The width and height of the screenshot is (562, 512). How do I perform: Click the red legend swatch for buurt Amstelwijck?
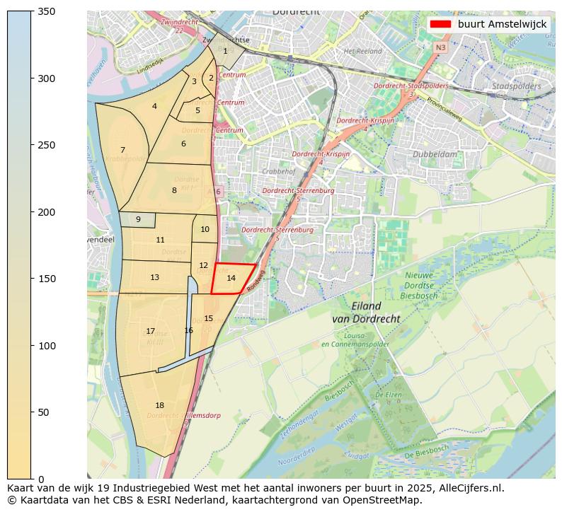[x=439, y=24]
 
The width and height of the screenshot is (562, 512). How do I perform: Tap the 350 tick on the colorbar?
[x=33, y=11]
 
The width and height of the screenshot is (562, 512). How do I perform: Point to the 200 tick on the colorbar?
[x=33, y=212]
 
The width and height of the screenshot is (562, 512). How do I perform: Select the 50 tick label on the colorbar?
[x=45, y=412]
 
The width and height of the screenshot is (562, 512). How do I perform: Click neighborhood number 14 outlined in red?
[x=231, y=279]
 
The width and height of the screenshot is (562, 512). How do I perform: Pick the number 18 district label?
[x=159, y=405]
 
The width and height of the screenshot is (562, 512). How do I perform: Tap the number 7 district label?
[x=122, y=150]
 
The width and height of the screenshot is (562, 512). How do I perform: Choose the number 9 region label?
[x=138, y=219]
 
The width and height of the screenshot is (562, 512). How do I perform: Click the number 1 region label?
[x=225, y=51]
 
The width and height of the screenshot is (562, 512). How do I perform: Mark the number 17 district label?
[x=150, y=331]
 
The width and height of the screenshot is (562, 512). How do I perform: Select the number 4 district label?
[x=154, y=107]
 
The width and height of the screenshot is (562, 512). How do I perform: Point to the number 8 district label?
[x=174, y=190]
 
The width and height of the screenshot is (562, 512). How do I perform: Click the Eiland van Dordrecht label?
[x=366, y=313]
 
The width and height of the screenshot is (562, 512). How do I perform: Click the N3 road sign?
[x=440, y=47]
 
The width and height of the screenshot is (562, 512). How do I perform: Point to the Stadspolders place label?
[x=516, y=86]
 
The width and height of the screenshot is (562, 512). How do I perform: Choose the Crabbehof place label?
[x=277, y=171]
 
